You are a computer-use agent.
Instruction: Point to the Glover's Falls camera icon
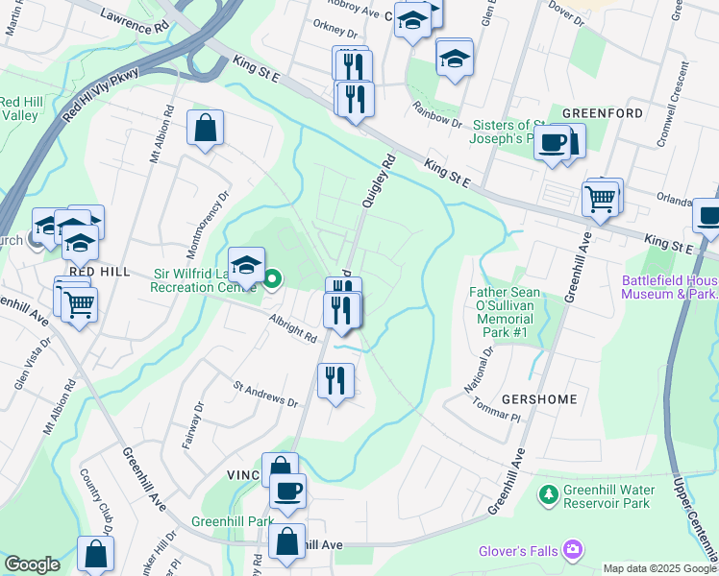click(x=574, y=550)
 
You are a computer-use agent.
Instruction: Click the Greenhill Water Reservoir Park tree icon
click(x=548, y=495)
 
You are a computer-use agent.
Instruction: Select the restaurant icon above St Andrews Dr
click(x=335, y=379)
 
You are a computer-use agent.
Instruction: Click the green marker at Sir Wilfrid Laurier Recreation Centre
click(x=272, y=280)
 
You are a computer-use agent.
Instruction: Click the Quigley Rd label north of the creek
click(x=379, y=181)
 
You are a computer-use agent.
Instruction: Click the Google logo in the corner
click(x=33, y=564)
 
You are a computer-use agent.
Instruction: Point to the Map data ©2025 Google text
click(x=658, y=568)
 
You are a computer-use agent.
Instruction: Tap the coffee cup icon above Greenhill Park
click(x=286, y=492)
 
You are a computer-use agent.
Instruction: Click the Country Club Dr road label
click(x=99, y=504)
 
